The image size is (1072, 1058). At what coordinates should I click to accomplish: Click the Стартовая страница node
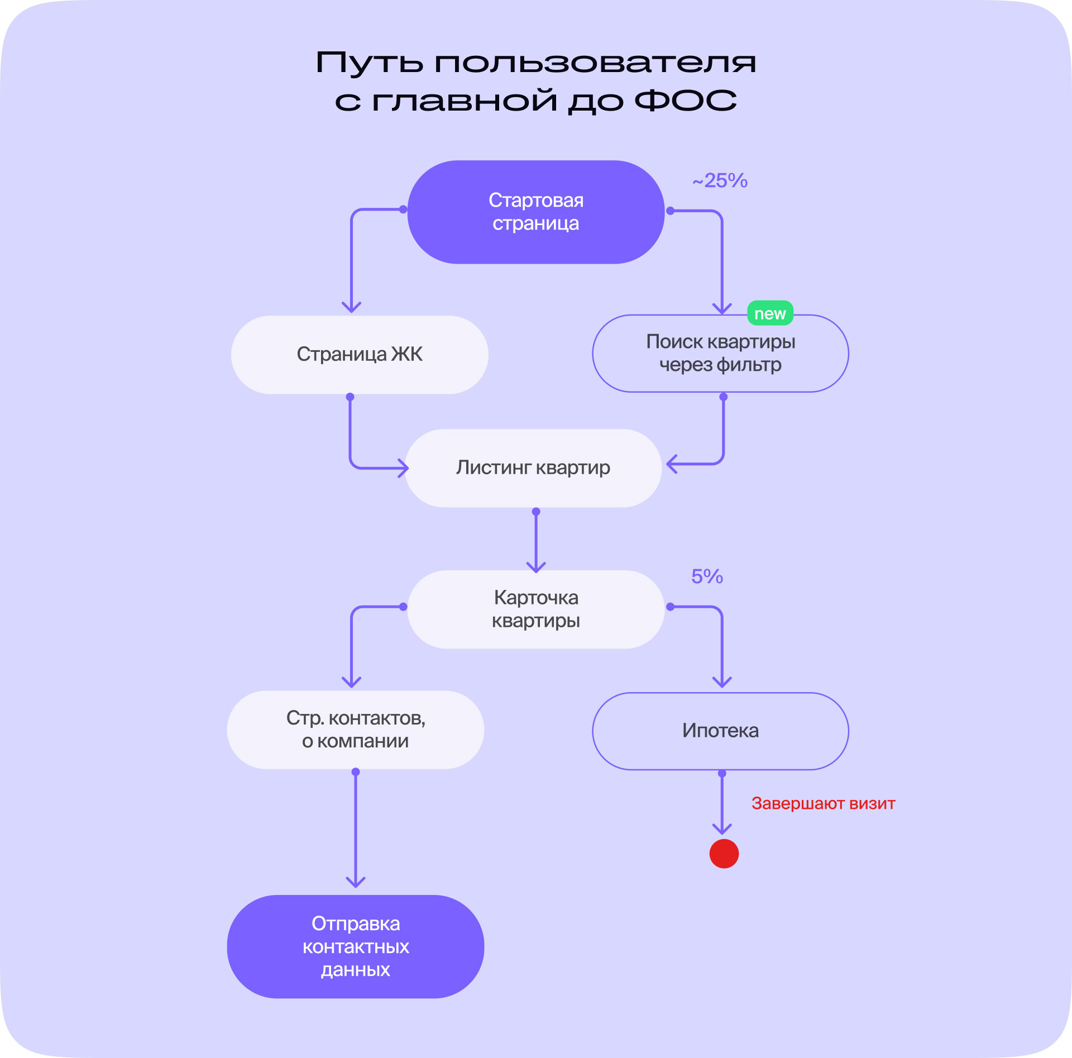(x=535, y=212)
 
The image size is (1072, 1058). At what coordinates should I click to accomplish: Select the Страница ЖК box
(x=360, y=355)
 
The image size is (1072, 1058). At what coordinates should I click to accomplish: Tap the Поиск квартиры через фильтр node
(x=720, y=354)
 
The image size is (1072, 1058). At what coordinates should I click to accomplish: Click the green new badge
(x=770, y=313)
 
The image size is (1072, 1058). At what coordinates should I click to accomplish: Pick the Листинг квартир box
(x=533, y=468)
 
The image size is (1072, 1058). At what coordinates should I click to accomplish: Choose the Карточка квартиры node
(x=535, y=609)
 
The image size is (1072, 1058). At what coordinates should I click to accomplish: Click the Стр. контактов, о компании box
(x=355, y=730)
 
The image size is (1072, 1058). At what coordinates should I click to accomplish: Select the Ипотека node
(x=720, y=731)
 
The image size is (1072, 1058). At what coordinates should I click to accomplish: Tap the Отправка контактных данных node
(x=355, y=946)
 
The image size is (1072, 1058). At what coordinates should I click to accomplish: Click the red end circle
(x=724, y=854)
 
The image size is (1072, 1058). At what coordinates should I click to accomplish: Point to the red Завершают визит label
(x=823, y=803)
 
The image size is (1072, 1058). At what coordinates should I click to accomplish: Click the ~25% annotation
(x=720, y=180)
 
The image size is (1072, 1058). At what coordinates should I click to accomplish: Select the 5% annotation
(x=707, y=576)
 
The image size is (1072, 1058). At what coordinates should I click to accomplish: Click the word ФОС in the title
(x=686, y=101)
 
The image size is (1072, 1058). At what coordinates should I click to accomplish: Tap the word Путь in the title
(x=369, y=63)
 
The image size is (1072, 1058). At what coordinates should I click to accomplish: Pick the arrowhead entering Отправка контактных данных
(x=356, y=881)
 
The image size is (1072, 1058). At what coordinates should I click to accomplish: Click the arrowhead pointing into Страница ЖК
(x=351, y=307)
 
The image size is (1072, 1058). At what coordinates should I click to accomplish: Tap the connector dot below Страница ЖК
(x=350, y=397)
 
